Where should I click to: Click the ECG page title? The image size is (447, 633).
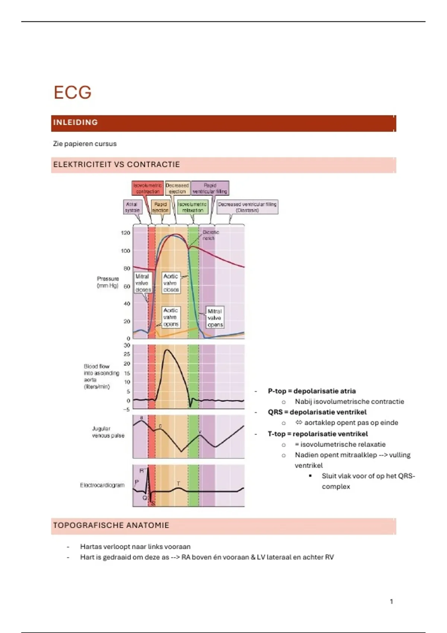[72, 92]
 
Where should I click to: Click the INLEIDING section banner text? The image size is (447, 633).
[76, 123]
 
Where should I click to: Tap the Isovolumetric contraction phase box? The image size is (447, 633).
[148, 188]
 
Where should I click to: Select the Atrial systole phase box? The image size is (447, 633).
[132, 207]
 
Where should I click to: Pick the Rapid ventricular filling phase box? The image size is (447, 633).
[210, 188]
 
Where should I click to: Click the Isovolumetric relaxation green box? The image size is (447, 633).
[193, 207]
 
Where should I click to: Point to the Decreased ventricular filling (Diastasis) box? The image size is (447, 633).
[247, 207]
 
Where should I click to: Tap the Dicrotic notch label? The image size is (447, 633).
[210, 235]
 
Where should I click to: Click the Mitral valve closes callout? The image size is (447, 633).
[143, 283]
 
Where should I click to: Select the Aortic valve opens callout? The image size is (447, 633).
[171, 317]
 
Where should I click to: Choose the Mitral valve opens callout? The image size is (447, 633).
[215, 318]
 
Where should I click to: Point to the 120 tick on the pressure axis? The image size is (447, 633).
[126, 233]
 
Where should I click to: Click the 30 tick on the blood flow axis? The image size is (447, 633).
[127, 345]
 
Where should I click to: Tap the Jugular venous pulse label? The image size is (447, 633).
[108, 432]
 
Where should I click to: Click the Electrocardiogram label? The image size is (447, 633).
[102, 485]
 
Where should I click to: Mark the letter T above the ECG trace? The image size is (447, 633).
[178, 483]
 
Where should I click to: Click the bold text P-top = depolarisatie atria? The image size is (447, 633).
[312, 391]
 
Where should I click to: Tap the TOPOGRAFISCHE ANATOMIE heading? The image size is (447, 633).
[111, 525]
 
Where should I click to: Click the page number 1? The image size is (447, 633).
[391, 601]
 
